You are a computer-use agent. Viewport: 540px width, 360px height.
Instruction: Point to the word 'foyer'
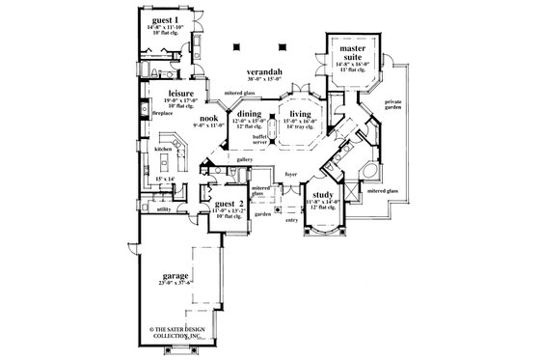(x=290, y=177)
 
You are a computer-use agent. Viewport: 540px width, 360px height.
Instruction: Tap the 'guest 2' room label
(x=228, y=204)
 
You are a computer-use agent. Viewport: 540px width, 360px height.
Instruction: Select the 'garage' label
(x=175, y=274)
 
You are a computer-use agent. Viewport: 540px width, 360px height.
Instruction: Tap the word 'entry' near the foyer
(x=291, y=219)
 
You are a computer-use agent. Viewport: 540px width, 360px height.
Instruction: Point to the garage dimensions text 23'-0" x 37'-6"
(x=176, y=282)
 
